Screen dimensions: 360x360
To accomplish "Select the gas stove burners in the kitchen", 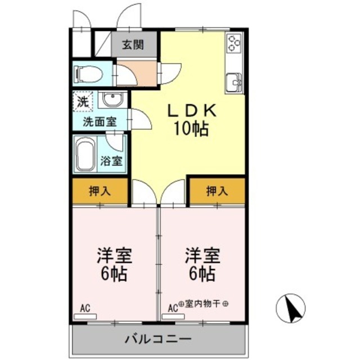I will pyautogui.click(x=233, y=42).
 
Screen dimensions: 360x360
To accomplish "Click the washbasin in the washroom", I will pyautogui.click(x=112, y=100).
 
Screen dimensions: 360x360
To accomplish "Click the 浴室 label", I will pyautogui.click(x=111, y=160).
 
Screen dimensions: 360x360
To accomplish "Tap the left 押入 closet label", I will pyautogui.click(x=100, y=191).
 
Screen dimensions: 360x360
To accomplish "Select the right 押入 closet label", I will pyautogui.click(x=217, y=191).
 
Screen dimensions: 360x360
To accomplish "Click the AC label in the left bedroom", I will pyautogui.click(x=85, y=307).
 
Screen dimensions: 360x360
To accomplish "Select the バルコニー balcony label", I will pyautogui.click(x=158, y=339).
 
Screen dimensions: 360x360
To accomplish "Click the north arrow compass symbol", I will pyautogui.click(x=292, y=308).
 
